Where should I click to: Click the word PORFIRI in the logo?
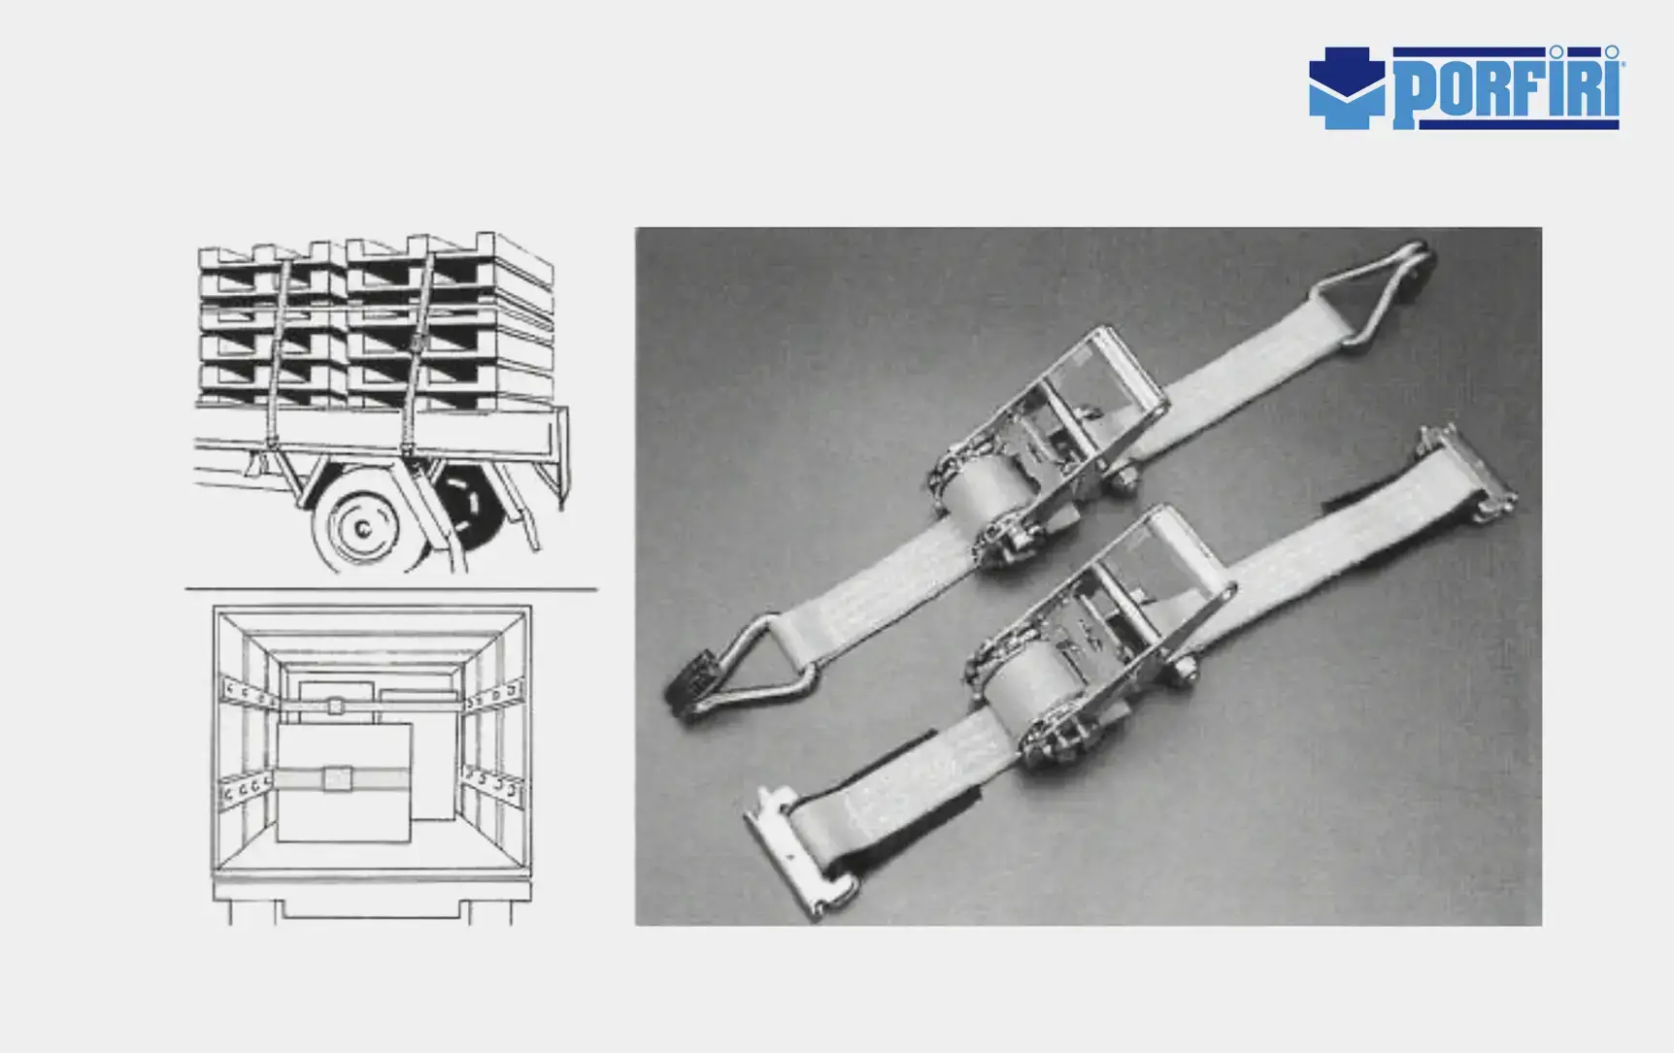[x=1507, y=88]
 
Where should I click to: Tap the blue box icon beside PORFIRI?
[x=1347, y=88]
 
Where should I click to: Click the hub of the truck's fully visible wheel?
[x=362, y=528]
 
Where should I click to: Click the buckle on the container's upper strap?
[x=335, y=706]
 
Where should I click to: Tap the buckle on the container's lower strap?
[x=338, y=778]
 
